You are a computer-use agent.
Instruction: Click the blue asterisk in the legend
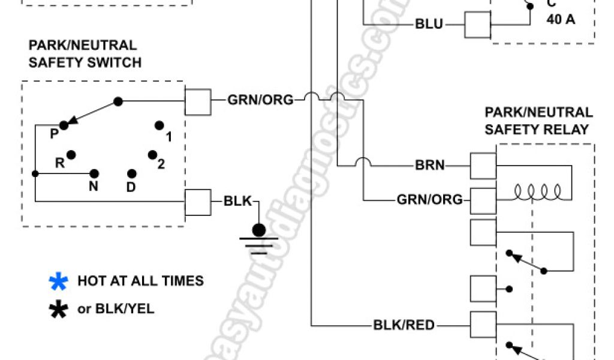(x=59, y=281)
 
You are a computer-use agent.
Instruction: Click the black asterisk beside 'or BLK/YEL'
(x=59, y=310)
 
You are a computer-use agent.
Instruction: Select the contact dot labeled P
(x=64, y=125)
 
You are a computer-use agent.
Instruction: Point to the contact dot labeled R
(x=71, y=155)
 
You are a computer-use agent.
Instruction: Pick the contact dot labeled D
(x=132, y=173)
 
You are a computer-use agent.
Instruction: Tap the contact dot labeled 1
(x=159, y=125)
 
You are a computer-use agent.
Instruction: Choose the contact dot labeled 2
(x=153, y=155)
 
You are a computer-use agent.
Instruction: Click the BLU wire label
(x=429, y=25)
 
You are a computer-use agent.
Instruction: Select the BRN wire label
(x=430, y=164)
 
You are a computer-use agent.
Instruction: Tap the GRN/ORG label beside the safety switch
(x=260, y=100)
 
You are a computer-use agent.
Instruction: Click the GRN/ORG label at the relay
(x=429, y=199)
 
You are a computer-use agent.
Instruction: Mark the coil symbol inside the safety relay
(x=537, y=193)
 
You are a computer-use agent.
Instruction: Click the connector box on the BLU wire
(x=478, y=25)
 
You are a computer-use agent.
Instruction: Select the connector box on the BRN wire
(x=483, y=165)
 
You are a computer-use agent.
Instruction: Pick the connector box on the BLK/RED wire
(x=483, y=326)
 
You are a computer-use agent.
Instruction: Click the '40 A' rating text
(x=561, y=19)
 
